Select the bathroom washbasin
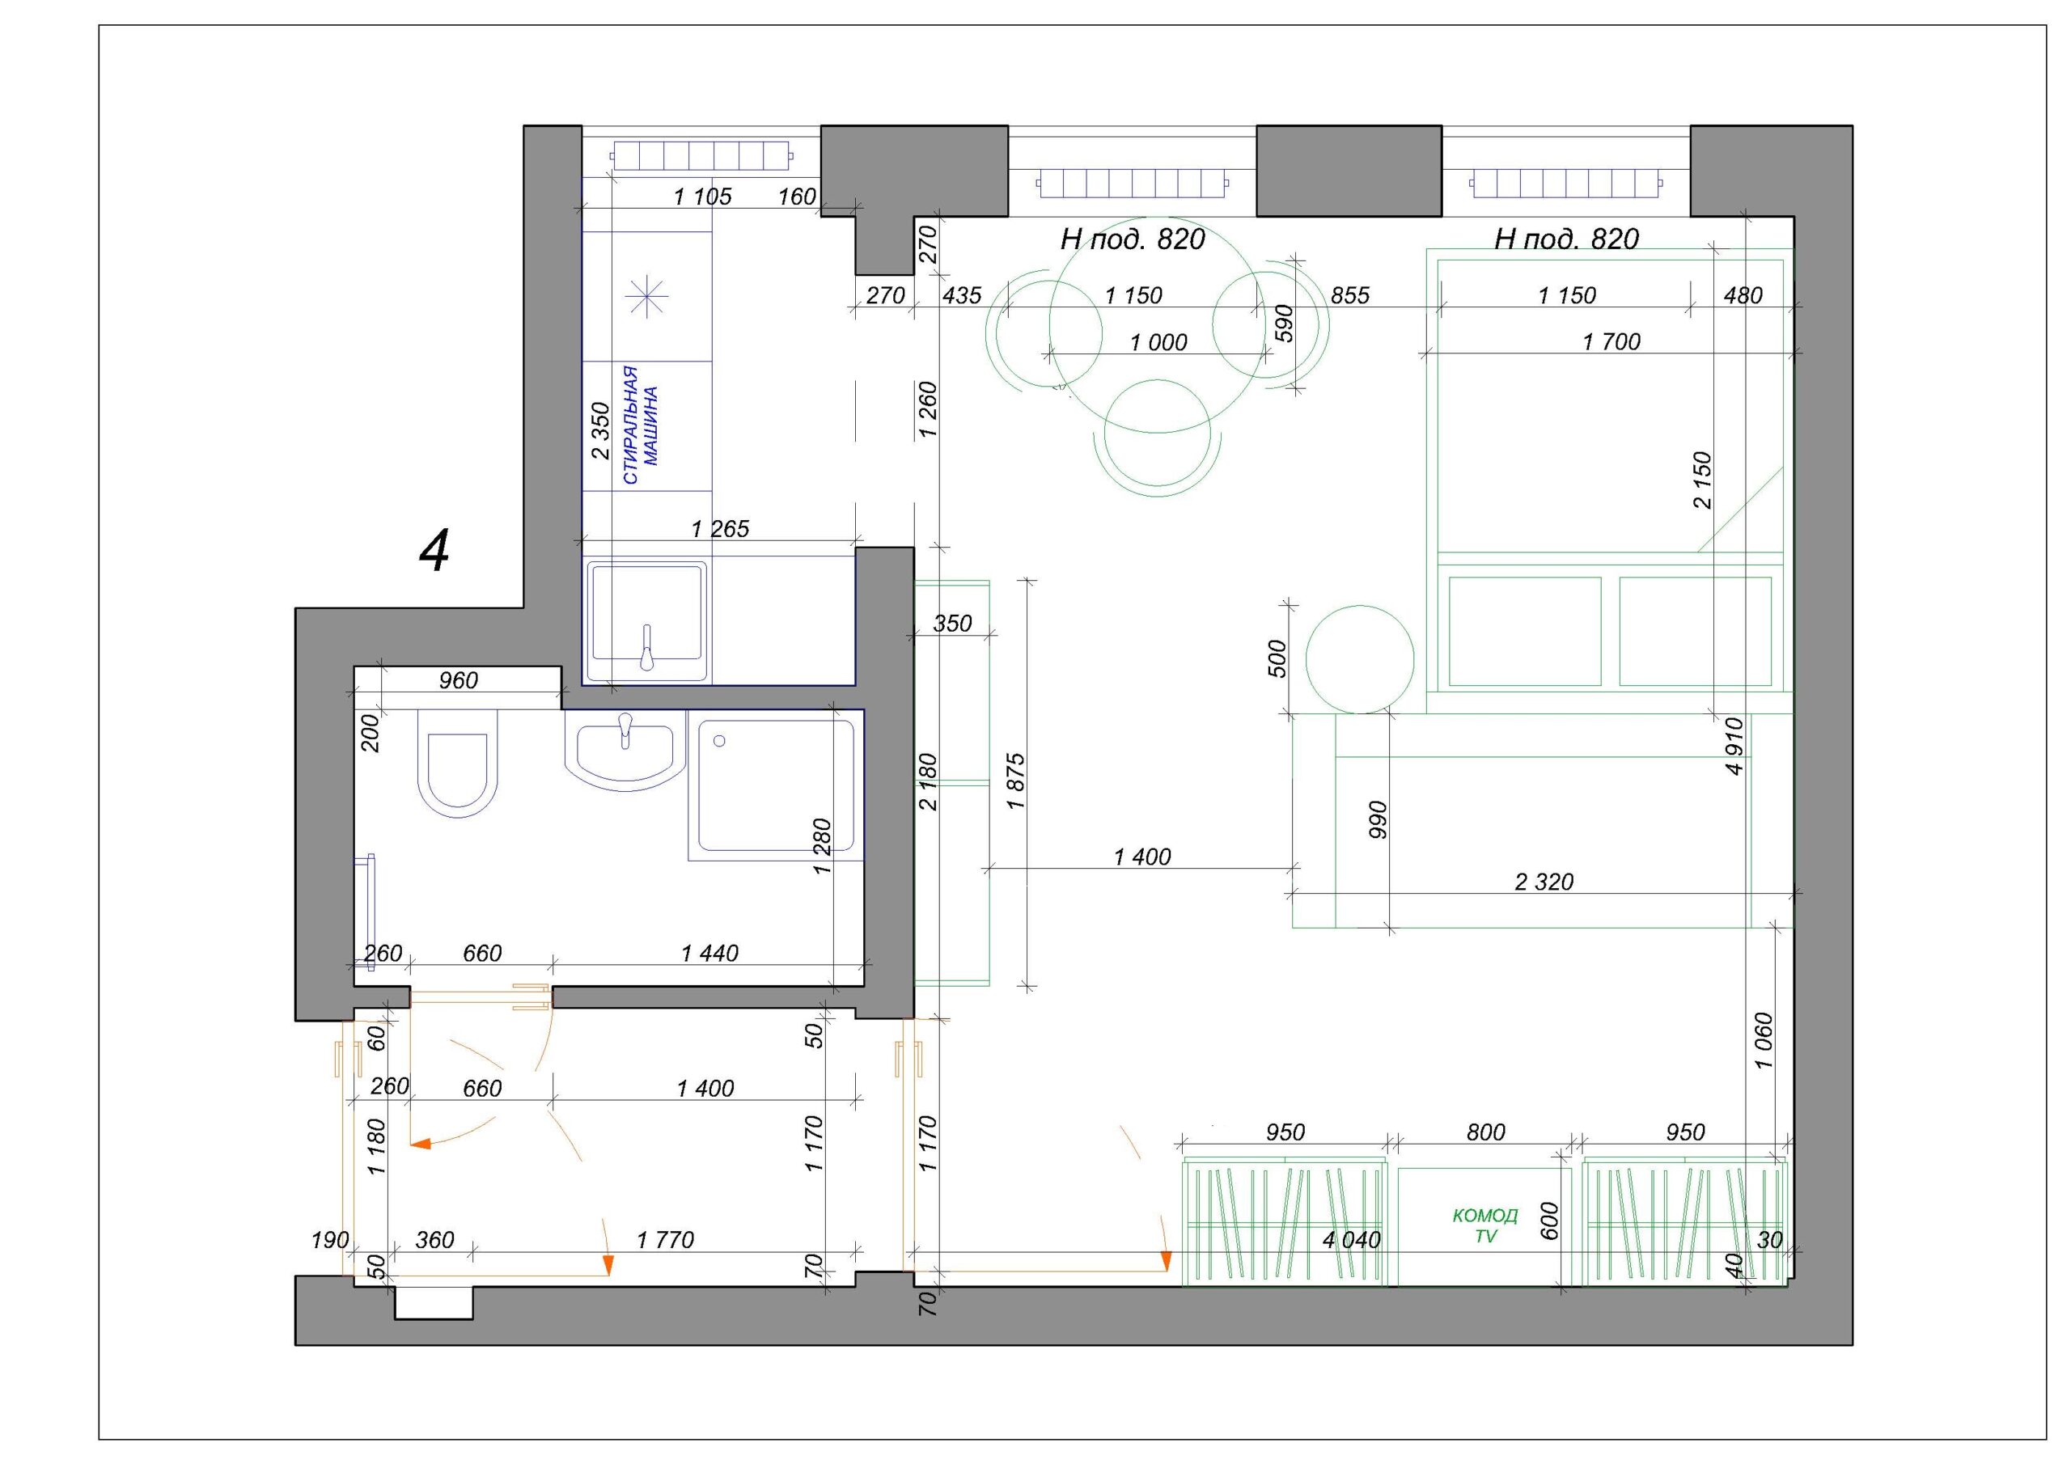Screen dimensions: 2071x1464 pyautogui.click(x=625, y=750)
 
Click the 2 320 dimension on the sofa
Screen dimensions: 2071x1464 pyautogui.click(x=1544, y=882)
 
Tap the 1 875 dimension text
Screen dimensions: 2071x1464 pyautogui.click(x=1017, y=781)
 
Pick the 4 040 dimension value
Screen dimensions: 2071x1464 pyautogui.click(x=1351, y=1240)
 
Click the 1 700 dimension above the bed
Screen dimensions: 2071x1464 pyautogui.click(x=1611, y=342)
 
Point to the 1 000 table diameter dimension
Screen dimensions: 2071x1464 pyautogui.click(x=1158, y=343)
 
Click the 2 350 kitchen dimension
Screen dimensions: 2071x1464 pyautogui.click(x=599, y=432)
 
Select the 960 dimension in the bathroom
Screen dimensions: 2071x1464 pyautogui.click(x=458, y=681)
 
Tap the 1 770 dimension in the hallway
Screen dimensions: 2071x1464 pyautogui.click(x=665, y=1240)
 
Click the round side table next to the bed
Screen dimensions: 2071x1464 pyautogui.click(x=1359, y=659)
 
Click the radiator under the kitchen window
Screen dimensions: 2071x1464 pyautogui.click(x=701, y=155)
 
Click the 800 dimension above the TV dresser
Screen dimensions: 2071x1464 pyautogui.click(x=1485, y=1132)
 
